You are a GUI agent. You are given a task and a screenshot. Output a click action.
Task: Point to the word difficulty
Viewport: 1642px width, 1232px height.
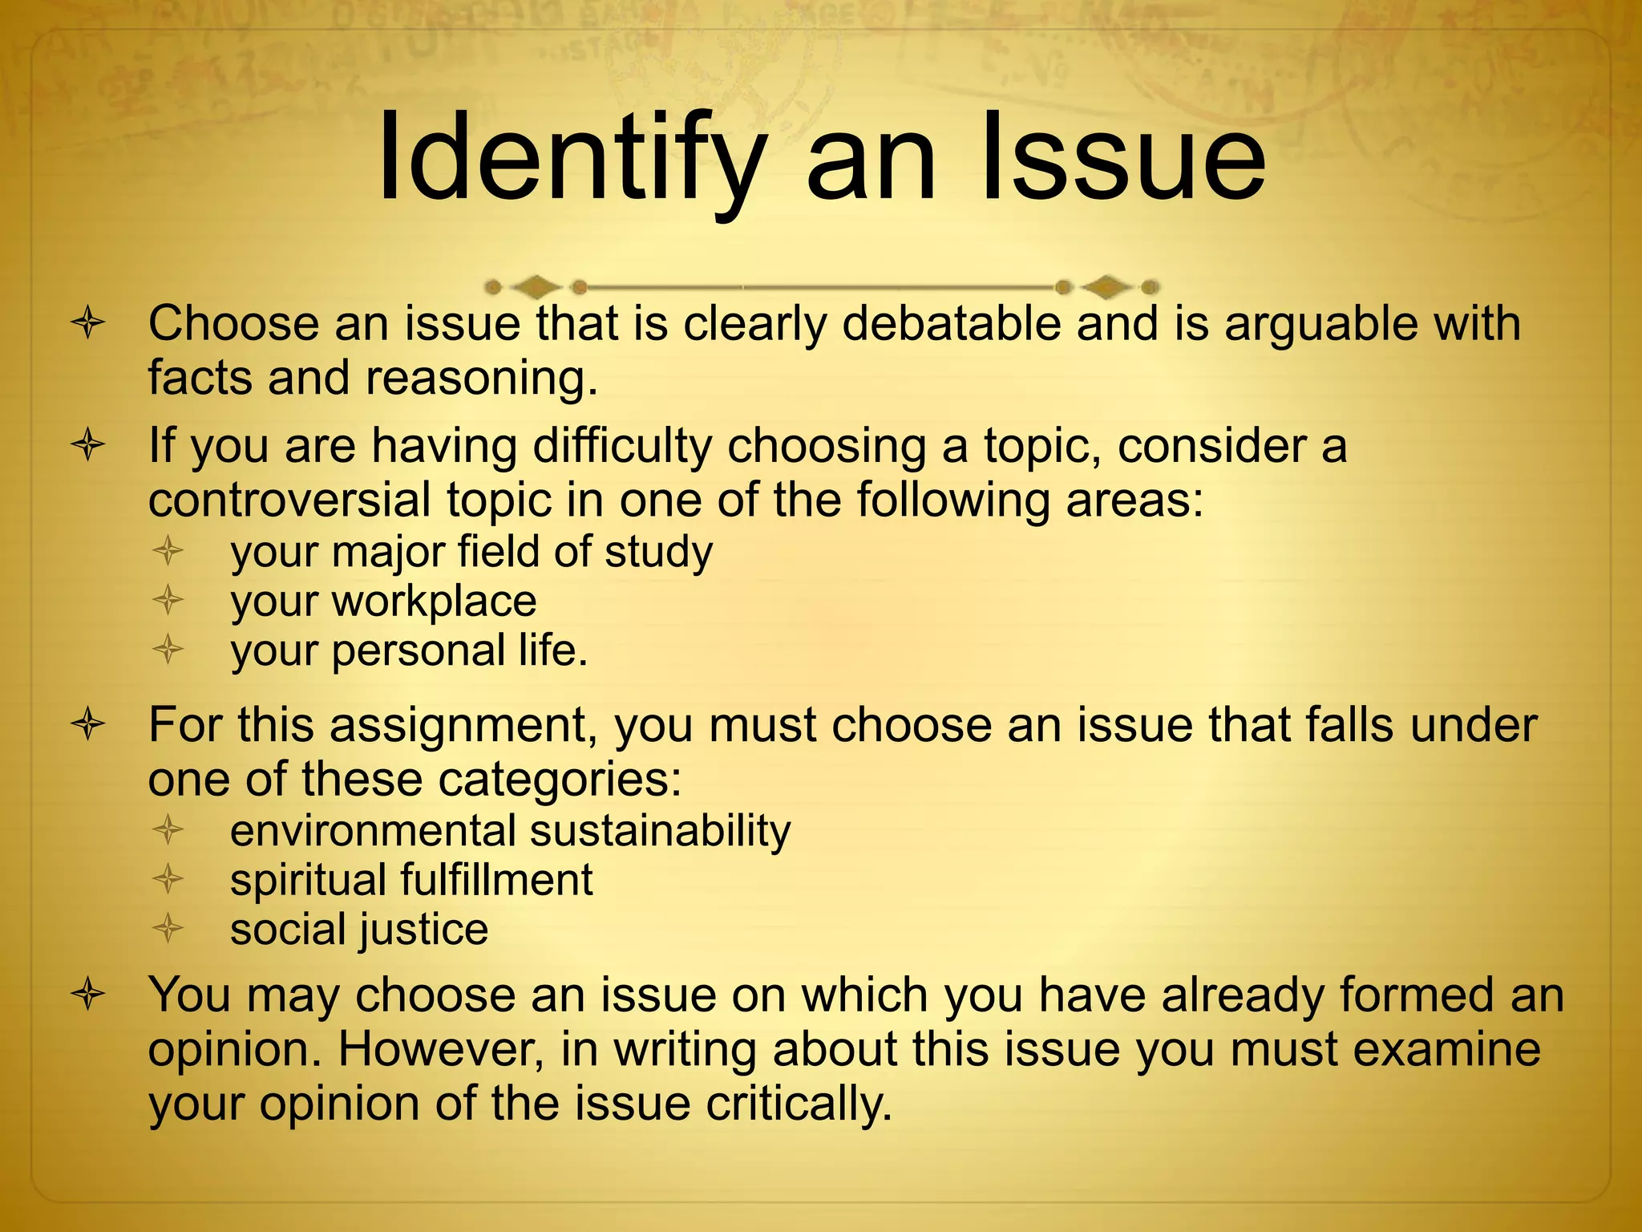622,446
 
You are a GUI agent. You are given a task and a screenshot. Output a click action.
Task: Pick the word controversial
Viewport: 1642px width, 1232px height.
289,500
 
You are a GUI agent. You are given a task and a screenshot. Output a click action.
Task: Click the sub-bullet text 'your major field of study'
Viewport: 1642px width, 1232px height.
471,553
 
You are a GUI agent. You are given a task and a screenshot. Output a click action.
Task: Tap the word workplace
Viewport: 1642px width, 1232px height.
434,602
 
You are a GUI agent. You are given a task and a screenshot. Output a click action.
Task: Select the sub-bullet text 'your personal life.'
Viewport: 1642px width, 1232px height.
409,650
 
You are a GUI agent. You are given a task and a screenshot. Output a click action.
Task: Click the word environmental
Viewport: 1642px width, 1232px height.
371,831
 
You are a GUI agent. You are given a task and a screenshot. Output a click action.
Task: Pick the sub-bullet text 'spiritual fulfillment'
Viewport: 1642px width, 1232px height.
411,880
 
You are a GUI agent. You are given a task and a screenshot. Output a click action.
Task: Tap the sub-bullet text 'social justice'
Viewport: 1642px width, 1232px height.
359,930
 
